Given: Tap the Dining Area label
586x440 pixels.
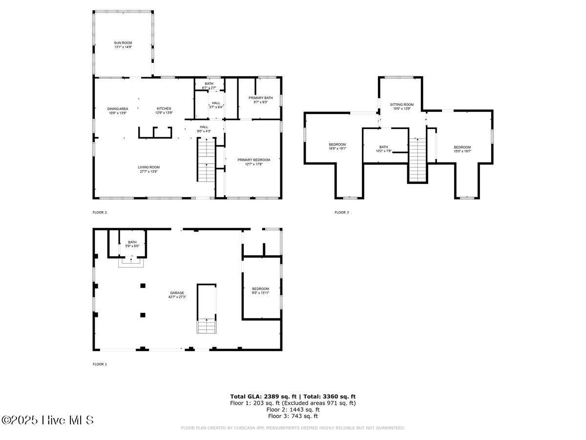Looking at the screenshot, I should (118, 109).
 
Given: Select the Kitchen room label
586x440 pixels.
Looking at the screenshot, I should (164, 109).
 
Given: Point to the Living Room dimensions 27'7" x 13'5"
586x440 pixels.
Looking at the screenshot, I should (148, 172).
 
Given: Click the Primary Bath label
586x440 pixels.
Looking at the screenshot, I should (260, 98).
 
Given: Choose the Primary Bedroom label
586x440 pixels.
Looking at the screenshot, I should (253, 160).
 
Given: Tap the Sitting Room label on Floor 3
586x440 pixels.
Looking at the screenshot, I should (401, 105).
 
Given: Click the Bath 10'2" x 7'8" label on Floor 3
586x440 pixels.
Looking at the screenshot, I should (383, 147).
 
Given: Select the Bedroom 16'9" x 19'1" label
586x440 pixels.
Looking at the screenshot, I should (337, 145).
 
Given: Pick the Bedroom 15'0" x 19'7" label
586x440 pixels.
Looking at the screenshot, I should (462, 148).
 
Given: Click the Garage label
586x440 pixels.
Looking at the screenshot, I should (177, 293).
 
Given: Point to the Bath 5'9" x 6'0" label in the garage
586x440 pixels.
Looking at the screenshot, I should (132, 242).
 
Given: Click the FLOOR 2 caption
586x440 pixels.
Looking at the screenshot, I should (100, 213).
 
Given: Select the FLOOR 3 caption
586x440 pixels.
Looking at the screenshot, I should (341, 213).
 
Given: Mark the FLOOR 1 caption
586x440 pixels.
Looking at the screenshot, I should (100, 364).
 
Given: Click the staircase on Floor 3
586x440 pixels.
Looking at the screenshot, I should (417, 159).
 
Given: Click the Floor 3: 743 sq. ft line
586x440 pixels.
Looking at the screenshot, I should (293, 417).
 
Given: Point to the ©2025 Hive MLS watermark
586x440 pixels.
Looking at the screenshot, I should (47, 420).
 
